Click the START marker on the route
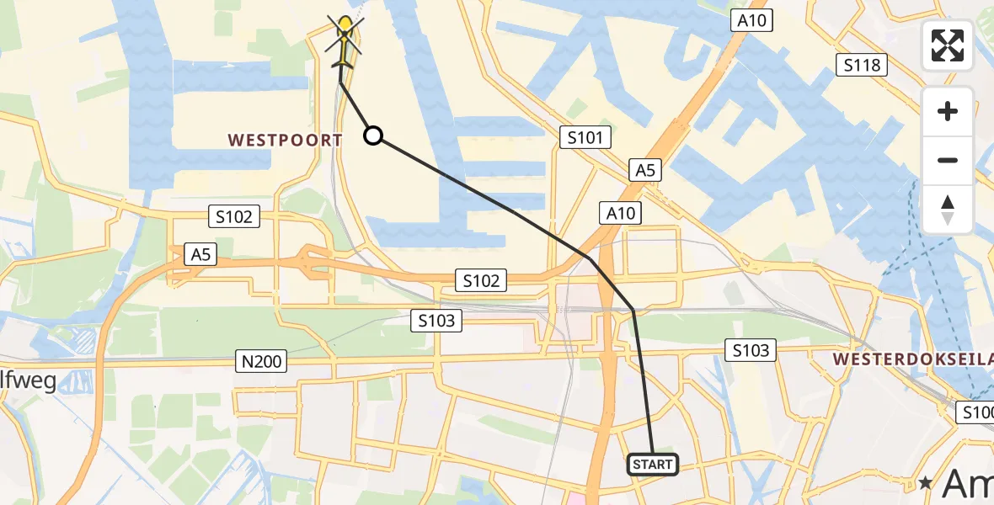[x=653, y=465]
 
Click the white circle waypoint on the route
[x=373, y=136]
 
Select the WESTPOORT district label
[x=285, y=141]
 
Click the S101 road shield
[x=585, y=136]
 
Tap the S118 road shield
[x=861, y=65]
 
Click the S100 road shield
[x=978, y=412]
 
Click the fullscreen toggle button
[x=948, y=45]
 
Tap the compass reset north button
[x=948, y=209]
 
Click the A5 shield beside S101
[x=644, y=171]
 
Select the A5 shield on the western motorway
[x=200, y=254]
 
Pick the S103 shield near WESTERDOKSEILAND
[x=750, y=350]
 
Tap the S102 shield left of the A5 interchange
[x=233, y=217]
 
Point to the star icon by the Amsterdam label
[x=926, y=483]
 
